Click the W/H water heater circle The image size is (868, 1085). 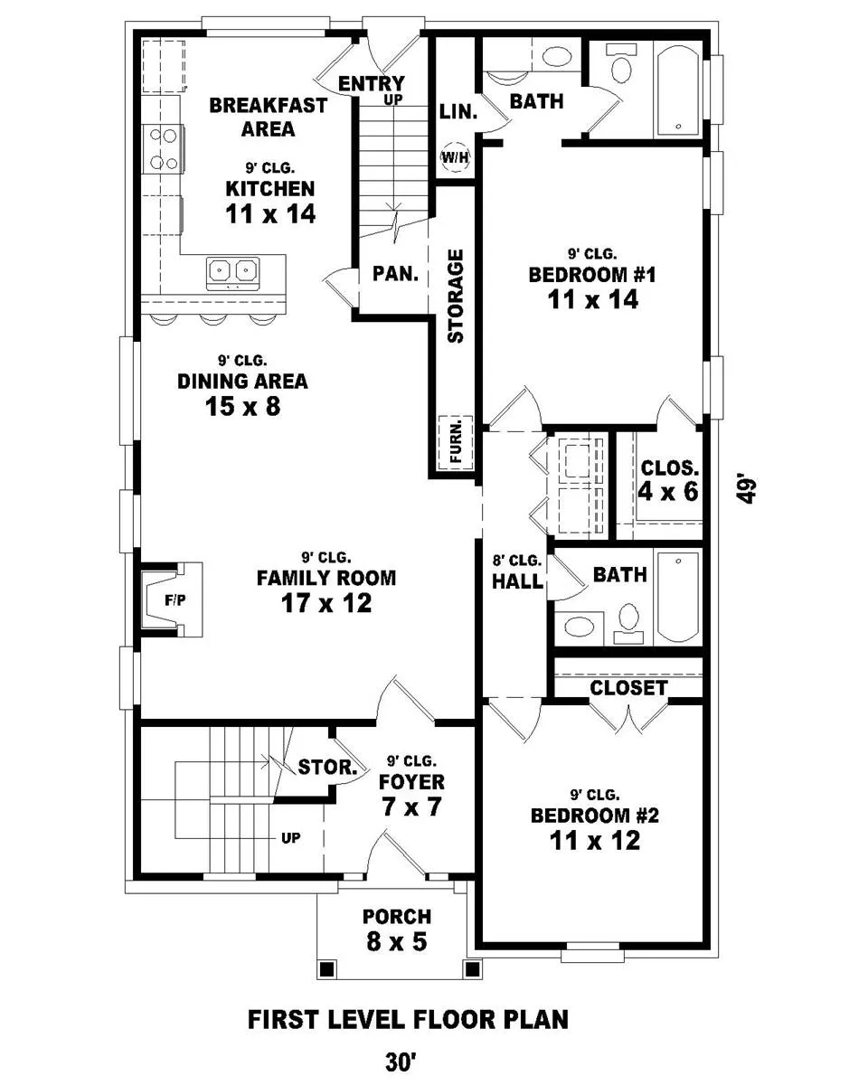point(455,157)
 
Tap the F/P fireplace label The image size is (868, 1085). point(175,600)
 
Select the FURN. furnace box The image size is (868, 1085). point(456,443)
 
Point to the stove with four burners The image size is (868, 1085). point(164,148)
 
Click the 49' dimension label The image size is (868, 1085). point(746,488)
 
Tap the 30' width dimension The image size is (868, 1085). point(401,1061)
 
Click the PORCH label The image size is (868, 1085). point(397,917)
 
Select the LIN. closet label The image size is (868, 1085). point(458,111)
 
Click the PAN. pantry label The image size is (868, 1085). point(395,274)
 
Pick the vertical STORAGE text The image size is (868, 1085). point(456,296)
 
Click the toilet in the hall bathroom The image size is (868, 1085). point(628,624)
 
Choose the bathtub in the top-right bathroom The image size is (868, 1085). point(678,89)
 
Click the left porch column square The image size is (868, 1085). point(326,968)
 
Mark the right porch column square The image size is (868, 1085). point(472,968)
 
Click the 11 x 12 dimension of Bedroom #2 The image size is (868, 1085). point(595,841)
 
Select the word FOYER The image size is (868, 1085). point(411,782)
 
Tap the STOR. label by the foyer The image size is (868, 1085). point(327,767)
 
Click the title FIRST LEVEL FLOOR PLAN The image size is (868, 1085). point(408,1019)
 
